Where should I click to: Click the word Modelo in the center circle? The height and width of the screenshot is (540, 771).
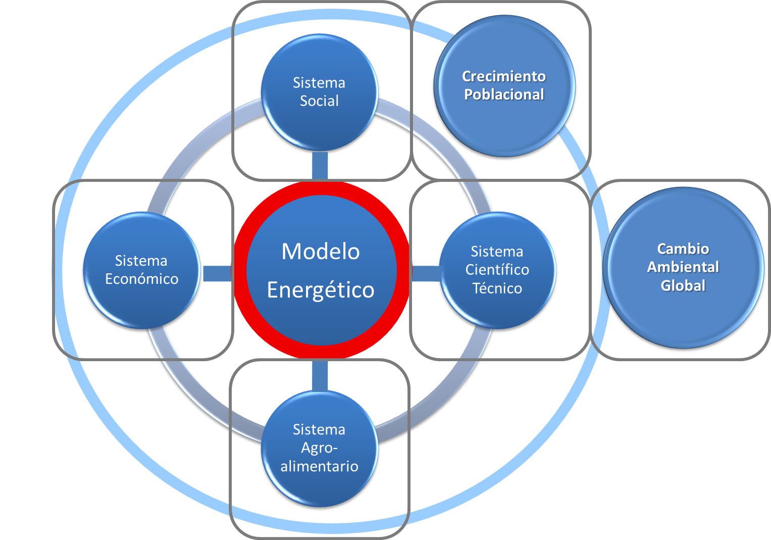(x=321, y=252)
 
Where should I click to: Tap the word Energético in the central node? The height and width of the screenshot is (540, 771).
(x=321, y=290)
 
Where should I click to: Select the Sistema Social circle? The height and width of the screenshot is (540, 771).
(x=320, y=121)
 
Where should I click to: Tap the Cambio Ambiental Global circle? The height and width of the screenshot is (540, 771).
(x=683, y=313)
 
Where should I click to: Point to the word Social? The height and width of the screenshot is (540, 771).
(x=320, y=101)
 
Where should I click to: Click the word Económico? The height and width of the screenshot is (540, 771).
(x=142, y=279)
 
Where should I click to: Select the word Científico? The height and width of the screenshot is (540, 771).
(x=497, y=270)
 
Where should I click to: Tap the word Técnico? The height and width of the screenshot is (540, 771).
(x=497, y=288)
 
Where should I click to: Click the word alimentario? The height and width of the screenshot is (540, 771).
(x=320, y=466)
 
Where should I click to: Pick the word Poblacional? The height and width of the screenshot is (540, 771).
(x=504, y=94)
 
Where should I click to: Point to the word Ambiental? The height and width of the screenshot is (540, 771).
(x=683, y=267)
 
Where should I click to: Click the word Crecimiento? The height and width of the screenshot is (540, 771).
(x=504, y=76)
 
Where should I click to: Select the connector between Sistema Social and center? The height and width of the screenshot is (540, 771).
(x=320, y=165)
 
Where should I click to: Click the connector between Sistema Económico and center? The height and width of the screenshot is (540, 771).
(x=217, y=273)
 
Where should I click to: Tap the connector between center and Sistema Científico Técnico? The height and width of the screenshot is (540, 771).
(x=426, y=273)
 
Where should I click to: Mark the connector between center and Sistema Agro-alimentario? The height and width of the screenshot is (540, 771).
(x=320, y=375)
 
